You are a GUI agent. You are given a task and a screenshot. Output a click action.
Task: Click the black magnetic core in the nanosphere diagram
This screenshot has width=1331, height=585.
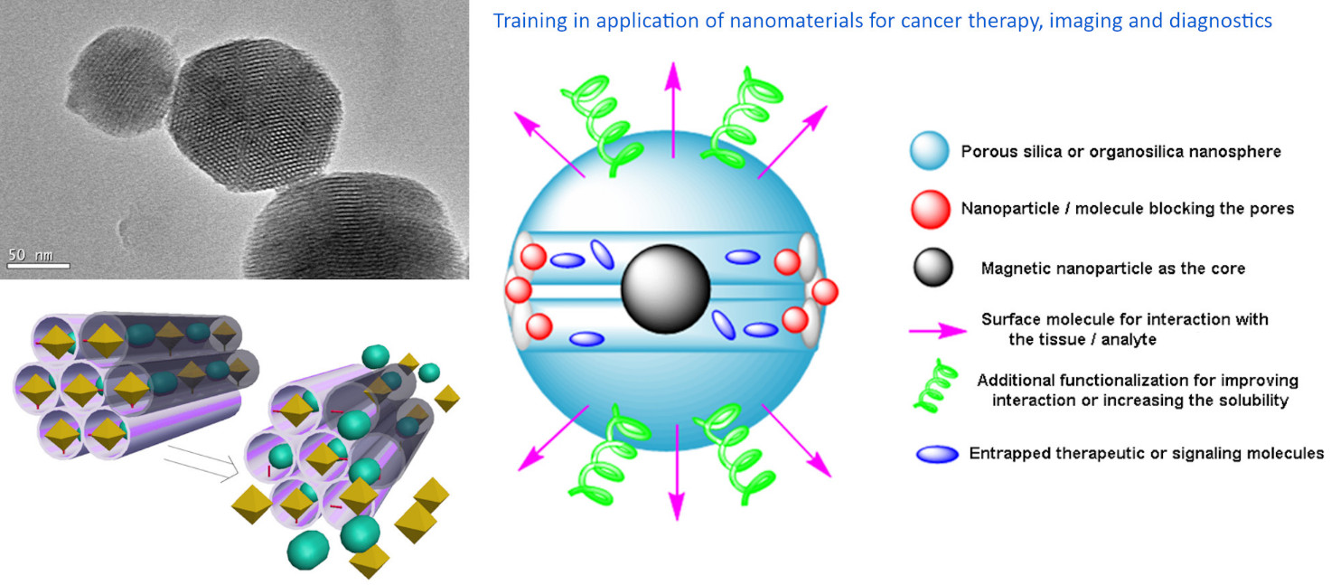click(x=665, y=288)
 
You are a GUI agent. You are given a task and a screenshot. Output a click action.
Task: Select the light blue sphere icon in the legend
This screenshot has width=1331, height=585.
click(x=929, y=152)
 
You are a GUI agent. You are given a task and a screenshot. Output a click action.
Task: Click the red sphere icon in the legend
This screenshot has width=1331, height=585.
click(x=930, y=209)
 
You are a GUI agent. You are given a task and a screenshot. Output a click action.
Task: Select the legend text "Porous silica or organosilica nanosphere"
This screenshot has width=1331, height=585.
click(x=1120, y=152)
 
